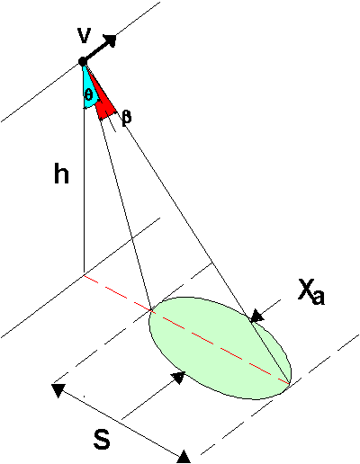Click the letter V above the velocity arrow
(x=84, y=36)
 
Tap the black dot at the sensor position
(x=83, y=62)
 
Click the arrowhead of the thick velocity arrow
(x=110, y=40)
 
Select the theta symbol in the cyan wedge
(x=89, y=95)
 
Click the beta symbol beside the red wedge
(x=127, y=118)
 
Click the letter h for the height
(x=61, y=173)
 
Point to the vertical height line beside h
(x=84, y=168)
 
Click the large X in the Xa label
(x=306, y=289)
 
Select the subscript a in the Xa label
(x=318, y=299)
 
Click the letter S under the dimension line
(x=102, y=438)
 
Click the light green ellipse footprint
(x=220, y=348)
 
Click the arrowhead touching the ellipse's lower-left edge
(x=177, y=377)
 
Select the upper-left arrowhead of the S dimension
(x=58, y=390)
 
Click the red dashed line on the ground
(x=186, y=329)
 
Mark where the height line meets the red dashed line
(x=84, y=274)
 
